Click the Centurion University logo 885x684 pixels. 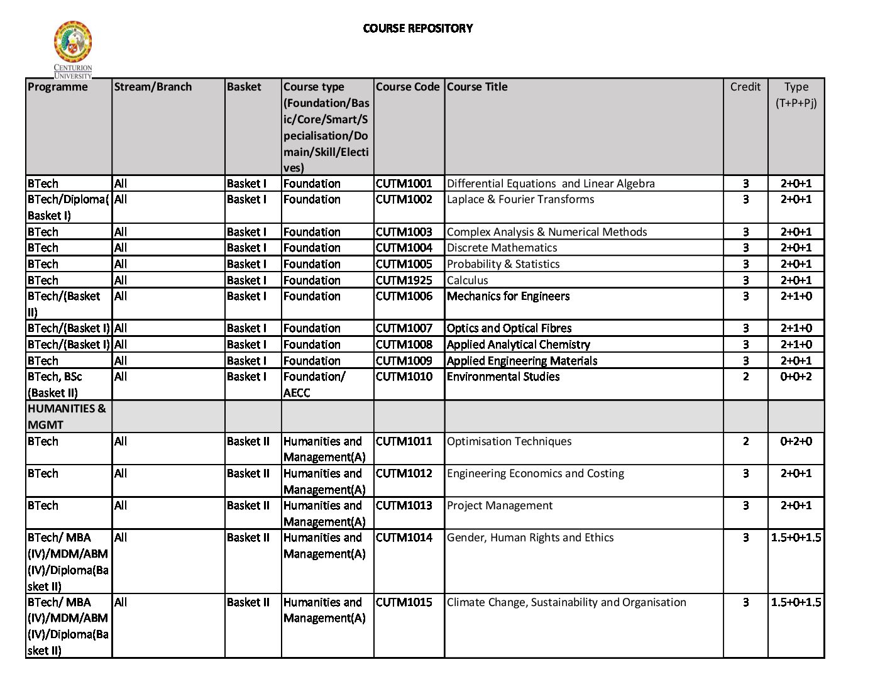coord(73,48)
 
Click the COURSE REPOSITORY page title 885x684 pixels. coord(418,28)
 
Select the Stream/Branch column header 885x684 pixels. coord(153,87)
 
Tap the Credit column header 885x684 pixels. coord(745,87)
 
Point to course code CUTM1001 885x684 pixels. coord(404,184)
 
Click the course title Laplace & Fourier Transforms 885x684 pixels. coord(520,199)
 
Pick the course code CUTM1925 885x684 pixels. coord(404,280)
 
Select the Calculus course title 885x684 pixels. coord(467,280)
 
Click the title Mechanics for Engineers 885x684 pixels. coord(508,296)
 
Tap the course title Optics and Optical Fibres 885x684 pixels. coord(509,328)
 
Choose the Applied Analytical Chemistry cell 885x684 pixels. coord(519,345)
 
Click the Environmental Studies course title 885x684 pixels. coord(503,377)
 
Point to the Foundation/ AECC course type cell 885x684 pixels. coord(314,384)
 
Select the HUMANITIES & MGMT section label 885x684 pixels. coord(67,416)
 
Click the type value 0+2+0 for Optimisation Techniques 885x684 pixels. coord(796,441)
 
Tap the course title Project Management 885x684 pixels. coord(500,505)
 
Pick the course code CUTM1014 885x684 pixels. coord(404,538)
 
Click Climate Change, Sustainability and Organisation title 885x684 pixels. coord(566,602)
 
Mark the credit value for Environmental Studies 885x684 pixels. coord(745,377)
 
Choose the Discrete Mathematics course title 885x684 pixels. coord(502,248)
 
